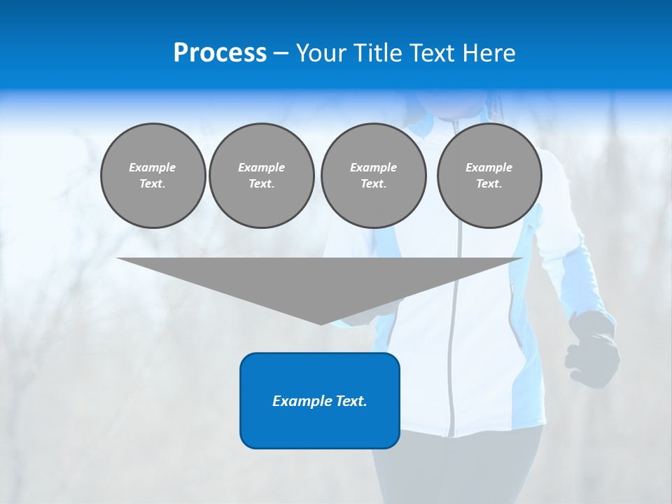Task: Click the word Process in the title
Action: click(x=220, y=53)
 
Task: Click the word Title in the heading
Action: click(x=376, y=53)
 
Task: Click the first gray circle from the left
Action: click(x=153, y=176)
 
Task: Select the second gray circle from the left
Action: click(x=261, y=176)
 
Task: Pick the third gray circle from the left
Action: click(x=373, y=176)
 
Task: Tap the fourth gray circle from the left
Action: click(x=489, y=176)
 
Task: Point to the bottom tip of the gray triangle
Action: click(x=321, y=323)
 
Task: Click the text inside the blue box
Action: click(x=320, y=401)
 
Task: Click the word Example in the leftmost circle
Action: click(x=153, y=167)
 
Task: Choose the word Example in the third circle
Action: click(x=373, y=167)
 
